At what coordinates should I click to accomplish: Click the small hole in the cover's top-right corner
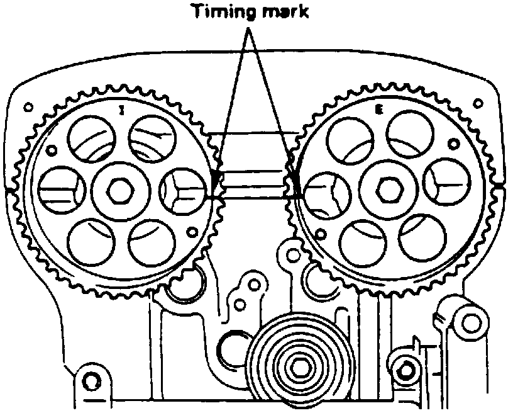pyautogui.click(x=480, y=102)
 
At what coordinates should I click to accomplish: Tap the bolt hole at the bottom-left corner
pyautogui.click(x=92, y=380)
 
